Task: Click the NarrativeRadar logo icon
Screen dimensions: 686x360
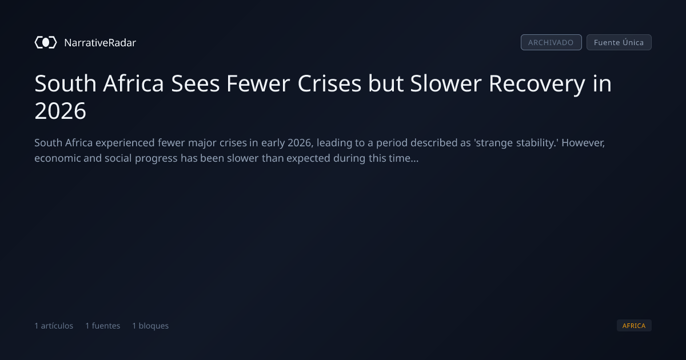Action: pyautogui.click(x=46, y=42)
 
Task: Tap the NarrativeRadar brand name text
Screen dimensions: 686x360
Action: pyautogui.click(x=100, y=42)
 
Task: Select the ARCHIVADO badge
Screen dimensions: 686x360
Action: pyautogui.click(x=551, y=42)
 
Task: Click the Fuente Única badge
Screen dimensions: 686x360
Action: pyautogui.click(x=619, y=42)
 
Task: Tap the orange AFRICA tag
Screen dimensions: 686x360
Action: pyautogui.click(x=634, y=325)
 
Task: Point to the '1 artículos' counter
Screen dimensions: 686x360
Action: pyautogui.click(x=54, y=326)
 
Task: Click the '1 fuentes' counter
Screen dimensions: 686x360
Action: pyautogui.click(x=102, y=326)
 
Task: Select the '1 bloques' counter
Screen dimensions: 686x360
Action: pyautogui.click(x=150, y=326)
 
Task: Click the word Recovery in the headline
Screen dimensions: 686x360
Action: pyautogui.click(x=537, y=84)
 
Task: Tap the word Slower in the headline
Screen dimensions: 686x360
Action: pyautogui.click(x=446, y=83)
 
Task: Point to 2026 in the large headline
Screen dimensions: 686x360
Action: pyautogui.click(x=61, y=111)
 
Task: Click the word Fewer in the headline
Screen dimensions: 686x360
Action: pyautogui.click(x=258, y=83)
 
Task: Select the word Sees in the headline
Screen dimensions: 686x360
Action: pyautogui.click(x=196, y=83)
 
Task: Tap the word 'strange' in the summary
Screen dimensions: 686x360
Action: pyautogui.click(x=493, y=143)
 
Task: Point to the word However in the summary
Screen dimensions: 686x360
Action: pyautogui.click(x=583, y=143)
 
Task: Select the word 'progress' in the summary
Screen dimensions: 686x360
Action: pyautogui.click(x=156, y=159)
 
